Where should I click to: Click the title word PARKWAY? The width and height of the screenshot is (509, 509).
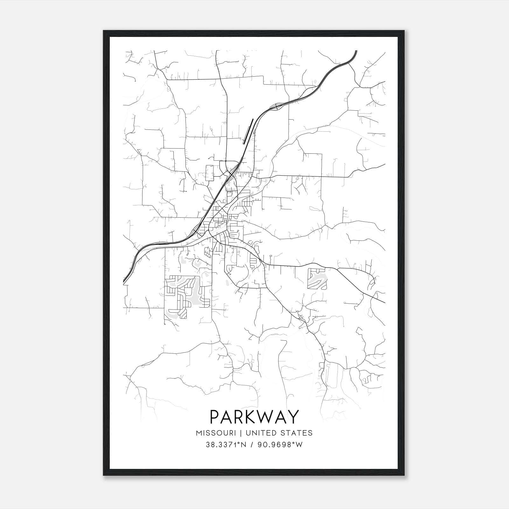[254, 417]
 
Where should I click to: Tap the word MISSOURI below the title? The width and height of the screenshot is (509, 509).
[216, 433]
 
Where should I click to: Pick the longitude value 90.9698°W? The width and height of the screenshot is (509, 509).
[281, 445]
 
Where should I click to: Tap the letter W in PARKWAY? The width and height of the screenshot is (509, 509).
[265, 417]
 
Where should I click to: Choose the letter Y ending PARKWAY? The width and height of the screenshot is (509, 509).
[293, 417]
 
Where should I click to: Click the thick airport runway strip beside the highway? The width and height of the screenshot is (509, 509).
[248, 131]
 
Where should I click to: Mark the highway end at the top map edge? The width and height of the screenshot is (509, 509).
[356, 51]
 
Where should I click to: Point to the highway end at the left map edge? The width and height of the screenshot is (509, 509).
[124, 282]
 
